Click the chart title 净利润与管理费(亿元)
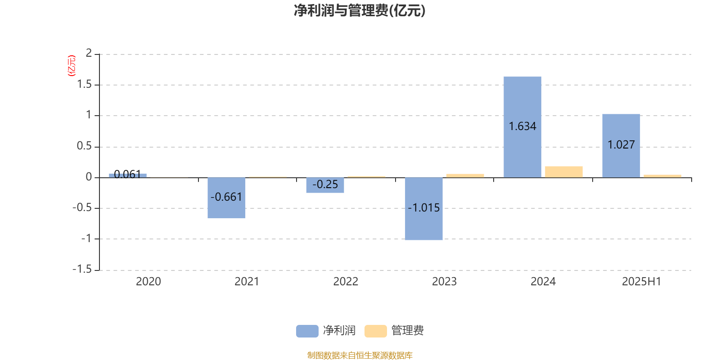coord(360,11)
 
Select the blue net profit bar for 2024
coord(522,127)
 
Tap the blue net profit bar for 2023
coord(423,209)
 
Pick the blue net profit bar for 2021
coord(226,198)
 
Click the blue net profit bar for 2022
coord(325,185)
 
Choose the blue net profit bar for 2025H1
coord(621,146)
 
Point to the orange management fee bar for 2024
coord(564,172)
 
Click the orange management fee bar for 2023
coord(465,175)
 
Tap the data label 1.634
coord(522,126)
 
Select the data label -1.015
coord(423,207)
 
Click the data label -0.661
coord(226,197)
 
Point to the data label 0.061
coord(128,174)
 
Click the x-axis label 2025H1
coord(642,282)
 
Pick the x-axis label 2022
coord(346,282)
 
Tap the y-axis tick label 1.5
coord(85,84)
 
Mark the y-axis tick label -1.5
coord(82,269)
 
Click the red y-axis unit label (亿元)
coord(72,66)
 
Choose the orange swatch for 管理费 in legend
coord(375,331)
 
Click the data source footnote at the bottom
coord(360,355)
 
